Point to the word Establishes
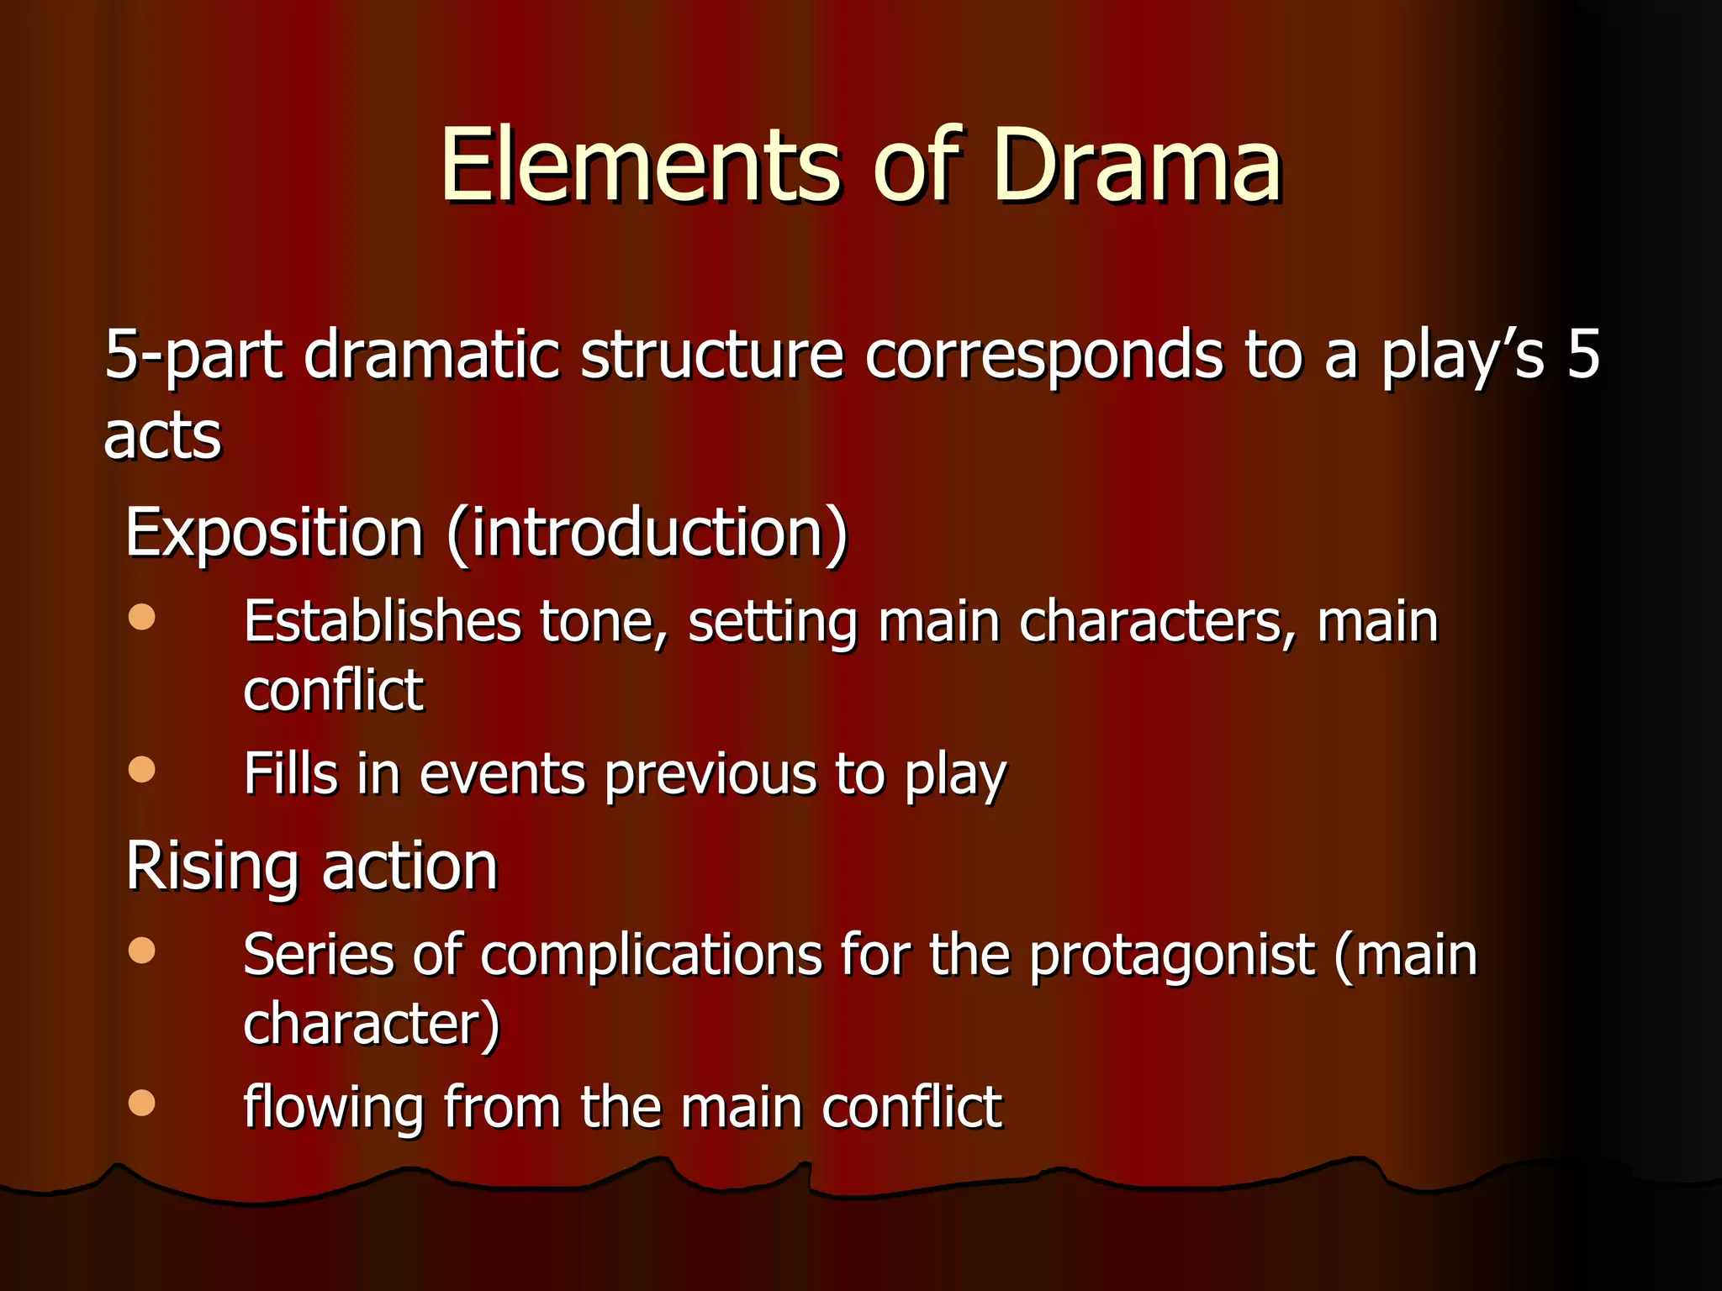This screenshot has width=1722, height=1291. pyautogui.click(x=383, y=622)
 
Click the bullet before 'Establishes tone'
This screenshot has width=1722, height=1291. pyautogui.click(x=142, y=618)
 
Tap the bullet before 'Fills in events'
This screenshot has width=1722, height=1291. pyautogui.click(x=142, y=770)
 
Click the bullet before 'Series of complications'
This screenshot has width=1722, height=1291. pyautogui.click(x=142, y=951)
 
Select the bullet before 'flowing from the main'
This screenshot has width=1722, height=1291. pyautogui.click(x=142, y=1103)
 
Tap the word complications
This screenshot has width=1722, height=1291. pyautogui.click(x=651, y=956)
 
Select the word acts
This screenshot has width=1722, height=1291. pyautogui.click(x=162, y=436)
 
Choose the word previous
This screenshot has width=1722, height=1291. pyautogui.click(x=710, y=774)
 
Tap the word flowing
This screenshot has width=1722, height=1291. pyautogui.click(x=333, y=1108)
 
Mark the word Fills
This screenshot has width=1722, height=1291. pyautogui.click(x=291, y=774)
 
